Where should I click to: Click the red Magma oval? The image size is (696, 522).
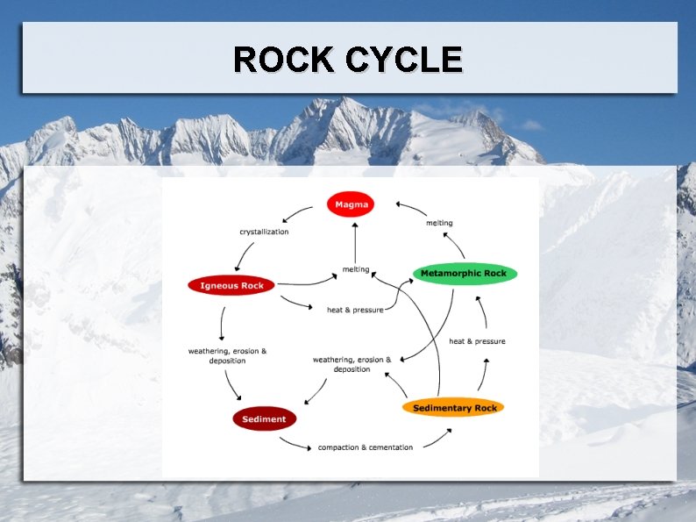351,204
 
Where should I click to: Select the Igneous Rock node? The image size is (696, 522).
231,285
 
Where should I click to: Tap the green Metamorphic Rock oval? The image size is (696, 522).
464,274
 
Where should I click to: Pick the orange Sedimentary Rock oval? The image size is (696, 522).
454,408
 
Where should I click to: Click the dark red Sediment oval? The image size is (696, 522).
264,419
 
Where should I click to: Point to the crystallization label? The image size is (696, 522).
264,232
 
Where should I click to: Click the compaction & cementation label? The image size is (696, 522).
365,447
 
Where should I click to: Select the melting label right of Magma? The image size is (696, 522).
439,223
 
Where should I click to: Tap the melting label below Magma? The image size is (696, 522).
355,269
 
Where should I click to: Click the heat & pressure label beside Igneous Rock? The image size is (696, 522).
354,310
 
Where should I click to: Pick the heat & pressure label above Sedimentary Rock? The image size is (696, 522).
477,341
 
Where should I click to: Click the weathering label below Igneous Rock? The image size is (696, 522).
227,356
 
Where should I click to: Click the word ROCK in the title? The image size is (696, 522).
284,60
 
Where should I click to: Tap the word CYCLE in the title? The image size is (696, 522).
404,60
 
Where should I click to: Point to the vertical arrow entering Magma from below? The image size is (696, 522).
355,241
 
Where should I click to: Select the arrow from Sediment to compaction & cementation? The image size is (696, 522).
297,443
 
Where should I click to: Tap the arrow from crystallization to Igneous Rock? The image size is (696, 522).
245,257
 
